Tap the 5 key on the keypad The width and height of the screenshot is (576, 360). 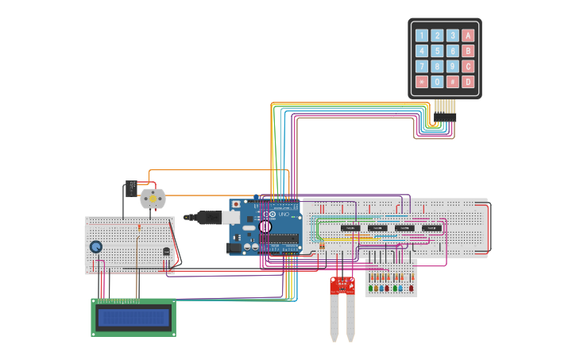(x=437, y=51)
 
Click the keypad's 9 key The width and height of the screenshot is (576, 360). (x=452, y=66)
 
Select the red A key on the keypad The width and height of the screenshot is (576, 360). (x=468, y=35)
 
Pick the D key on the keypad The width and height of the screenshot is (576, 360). (x=468, y=82)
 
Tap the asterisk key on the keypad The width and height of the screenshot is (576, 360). (x=421, y=82)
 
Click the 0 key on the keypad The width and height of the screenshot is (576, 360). (x=437, y=82)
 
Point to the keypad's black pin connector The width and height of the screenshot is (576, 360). (x=445, y=117)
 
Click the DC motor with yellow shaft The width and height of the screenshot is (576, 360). (x=153, y=198)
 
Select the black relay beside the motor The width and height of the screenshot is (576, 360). (x=130, y=188)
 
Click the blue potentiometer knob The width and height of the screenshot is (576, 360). (x=96, y=247)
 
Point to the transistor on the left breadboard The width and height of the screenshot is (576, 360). (x=166, y=251)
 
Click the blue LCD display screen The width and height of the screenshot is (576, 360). (x=133, y=319)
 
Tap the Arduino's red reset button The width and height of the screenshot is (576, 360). (x=236, y=204)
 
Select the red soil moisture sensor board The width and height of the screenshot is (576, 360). (x=342, y=285)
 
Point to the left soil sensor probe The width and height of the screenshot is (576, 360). (x=334, y=318)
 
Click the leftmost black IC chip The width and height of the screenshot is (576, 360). (x=350, y=228)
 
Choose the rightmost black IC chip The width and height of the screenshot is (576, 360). (x=431, y=228)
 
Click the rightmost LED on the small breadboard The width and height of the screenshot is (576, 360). (x=411, y=288)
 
